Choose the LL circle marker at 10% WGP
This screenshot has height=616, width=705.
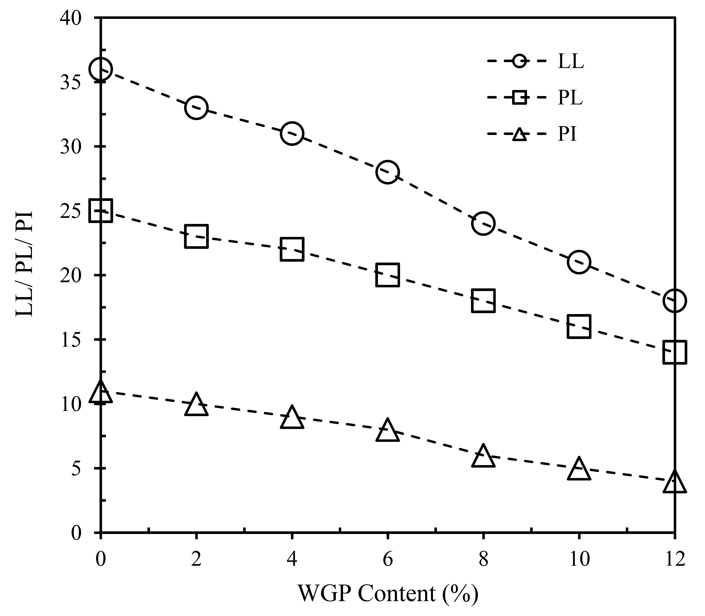[x=579, y=262]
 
